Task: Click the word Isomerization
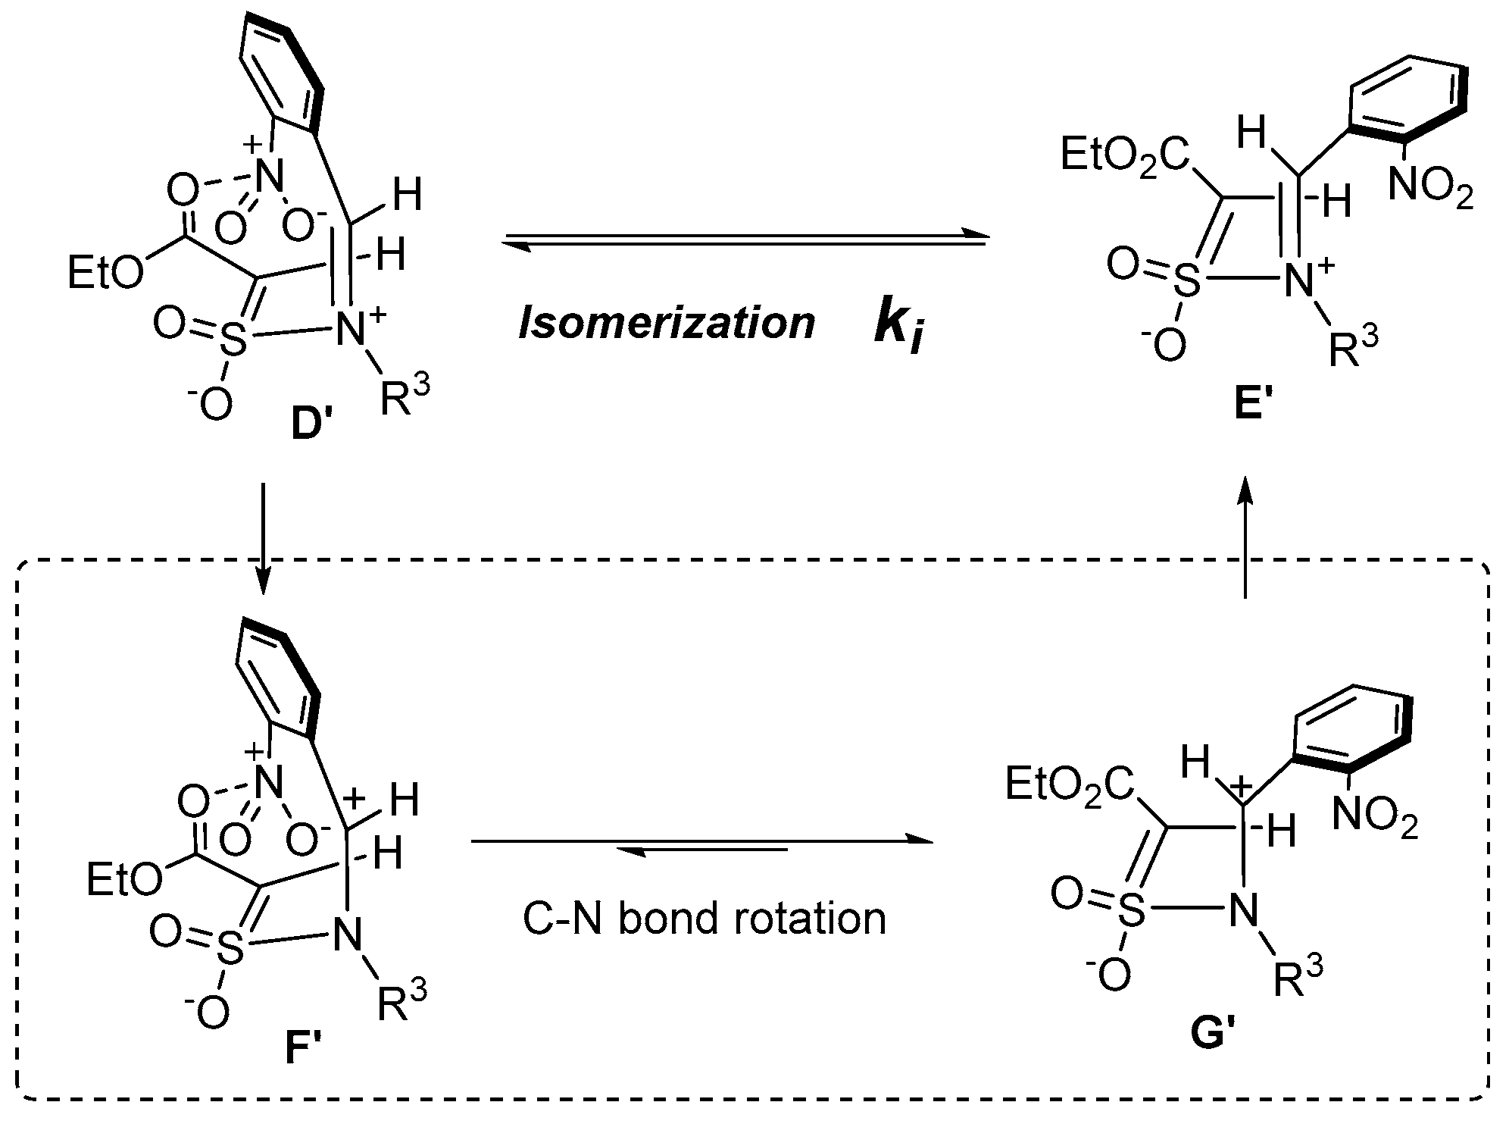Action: [x=667, y=324]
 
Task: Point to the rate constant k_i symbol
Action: [x=900, y=327]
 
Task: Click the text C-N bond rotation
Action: [x=704, y=919]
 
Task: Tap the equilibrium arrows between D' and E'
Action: [x=746, y=240]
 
